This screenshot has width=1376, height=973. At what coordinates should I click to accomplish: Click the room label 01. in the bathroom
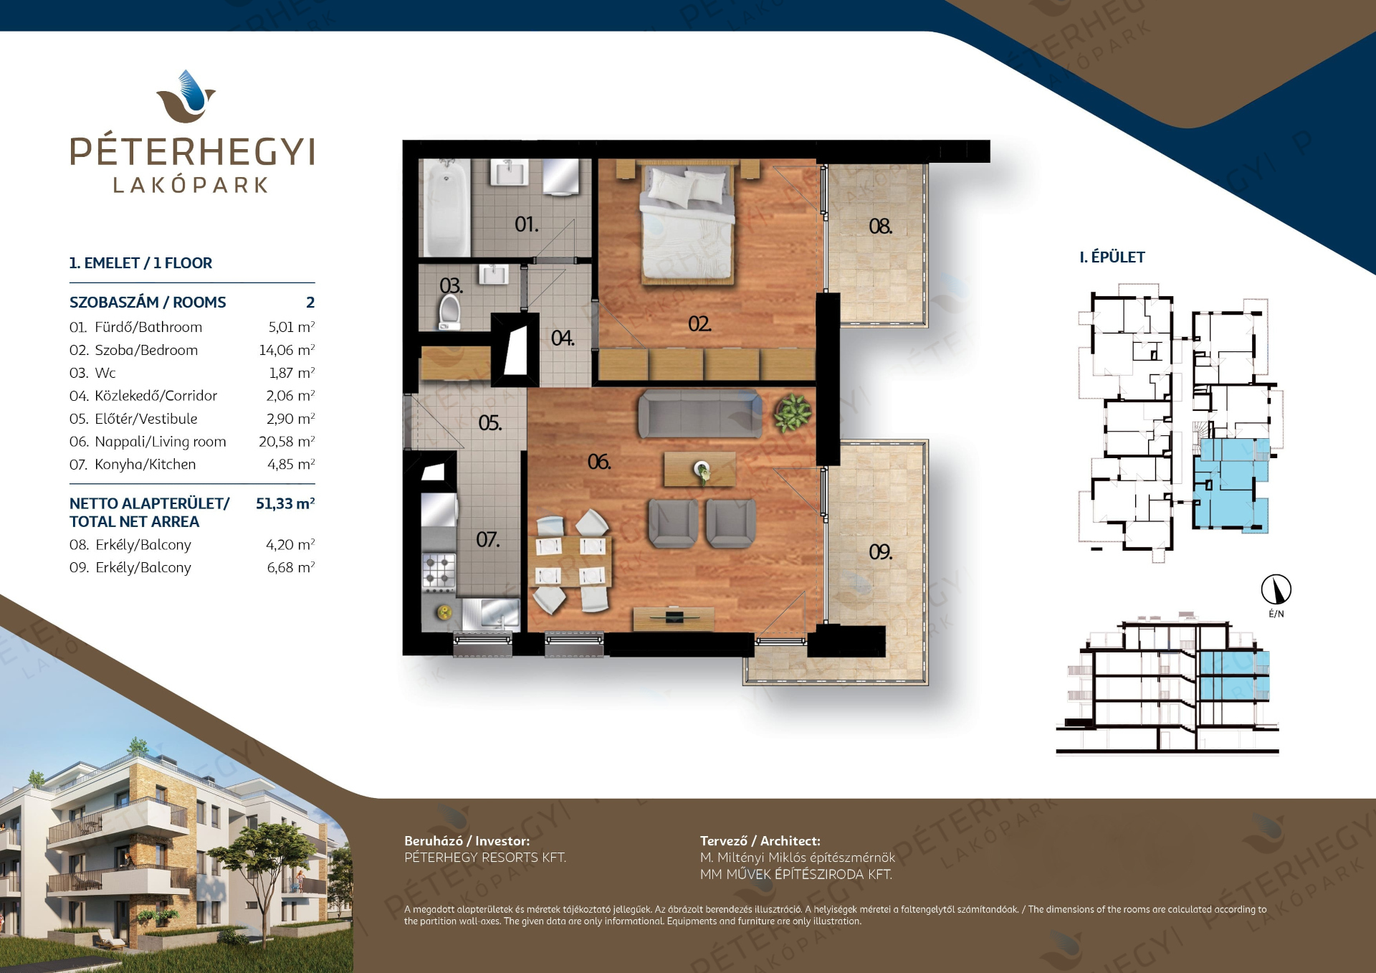526,224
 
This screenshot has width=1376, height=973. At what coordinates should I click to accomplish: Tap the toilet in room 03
449,313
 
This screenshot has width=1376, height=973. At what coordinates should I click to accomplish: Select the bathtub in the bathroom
445,207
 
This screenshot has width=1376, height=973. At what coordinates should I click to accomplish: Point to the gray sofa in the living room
700,414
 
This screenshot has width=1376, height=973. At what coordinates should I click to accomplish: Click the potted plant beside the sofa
793,413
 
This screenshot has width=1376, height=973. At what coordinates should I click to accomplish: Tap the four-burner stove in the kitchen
439,571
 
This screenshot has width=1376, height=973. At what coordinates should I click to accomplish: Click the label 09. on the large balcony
880,551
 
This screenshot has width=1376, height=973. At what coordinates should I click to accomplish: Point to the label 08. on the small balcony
880,227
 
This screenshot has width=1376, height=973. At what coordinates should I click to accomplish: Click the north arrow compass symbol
1276,589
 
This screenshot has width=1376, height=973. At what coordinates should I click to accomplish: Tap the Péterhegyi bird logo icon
186,97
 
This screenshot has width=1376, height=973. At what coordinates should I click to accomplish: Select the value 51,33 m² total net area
285,503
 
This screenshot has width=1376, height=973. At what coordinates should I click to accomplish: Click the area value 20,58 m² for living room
287,442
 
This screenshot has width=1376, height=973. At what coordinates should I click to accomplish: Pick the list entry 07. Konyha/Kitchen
133,465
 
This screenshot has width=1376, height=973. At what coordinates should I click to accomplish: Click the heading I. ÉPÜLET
1112,257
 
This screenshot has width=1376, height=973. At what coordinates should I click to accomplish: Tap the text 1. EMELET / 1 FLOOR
140,263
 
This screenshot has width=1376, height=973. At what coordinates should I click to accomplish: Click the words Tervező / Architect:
760,841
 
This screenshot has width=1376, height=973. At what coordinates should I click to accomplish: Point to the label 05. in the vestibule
490,423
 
